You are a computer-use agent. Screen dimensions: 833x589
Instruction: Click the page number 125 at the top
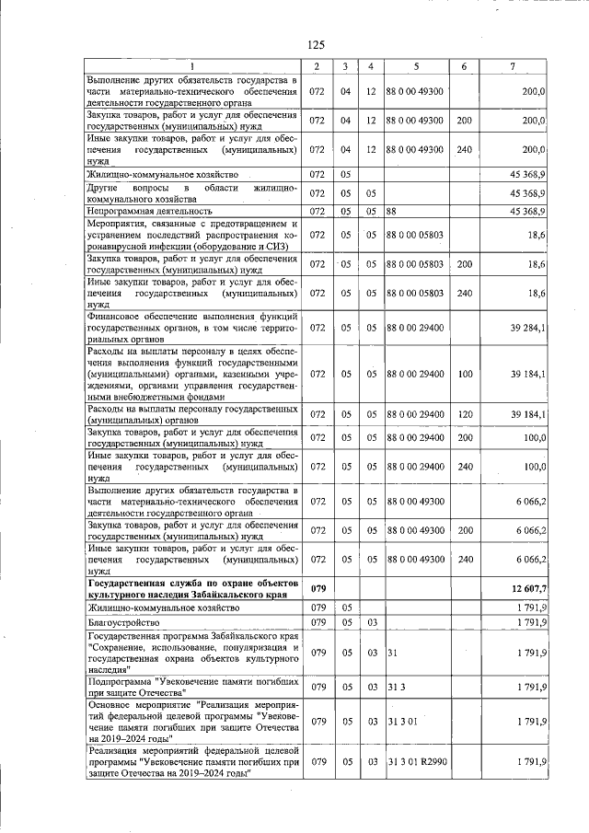coord(316,44)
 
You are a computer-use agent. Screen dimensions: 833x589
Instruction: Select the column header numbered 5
coord(416,67)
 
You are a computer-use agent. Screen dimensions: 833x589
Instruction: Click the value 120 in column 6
coord(464,414)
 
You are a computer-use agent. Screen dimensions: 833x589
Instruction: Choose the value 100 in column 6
coord(464,374)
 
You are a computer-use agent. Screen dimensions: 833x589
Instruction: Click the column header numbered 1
coord(192,67)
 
